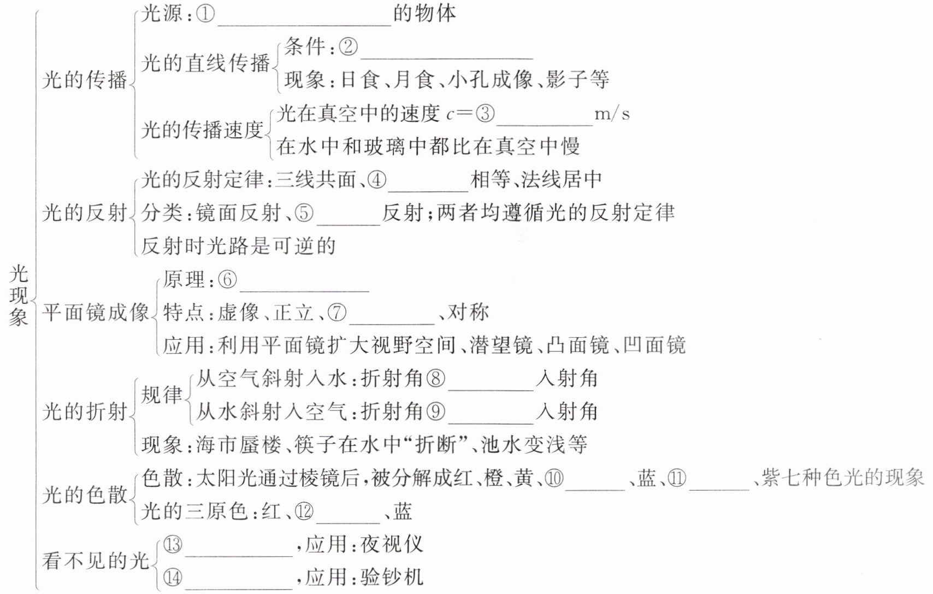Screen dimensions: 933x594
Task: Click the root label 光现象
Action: (x=19, y=295)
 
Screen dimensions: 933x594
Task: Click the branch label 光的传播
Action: (x=85, y=80)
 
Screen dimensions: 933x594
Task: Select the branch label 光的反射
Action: (x=85, y=213)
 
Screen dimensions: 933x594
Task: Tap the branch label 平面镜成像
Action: (x=96, y=313)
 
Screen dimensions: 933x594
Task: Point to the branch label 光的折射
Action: (x=85, y=411)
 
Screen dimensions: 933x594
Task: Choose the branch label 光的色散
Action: (x=85, y=495)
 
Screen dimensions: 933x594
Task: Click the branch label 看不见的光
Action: (x=96, y=561)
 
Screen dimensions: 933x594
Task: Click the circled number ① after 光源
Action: (x=205, y=14)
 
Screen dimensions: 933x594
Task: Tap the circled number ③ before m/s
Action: (x=485, y=114)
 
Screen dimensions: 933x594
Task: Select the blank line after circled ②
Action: (x=446, y=54)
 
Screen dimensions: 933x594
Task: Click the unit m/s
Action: (x=612, y=114)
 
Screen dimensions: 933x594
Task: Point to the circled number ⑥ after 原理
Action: (x=227, y=280)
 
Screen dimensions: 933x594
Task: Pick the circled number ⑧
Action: (x=435, y=379)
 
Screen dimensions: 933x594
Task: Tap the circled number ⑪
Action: (x=677, y=479)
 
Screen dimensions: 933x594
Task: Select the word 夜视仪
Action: (x=392, y=544)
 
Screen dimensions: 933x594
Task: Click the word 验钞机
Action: (x=392, y=577)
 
